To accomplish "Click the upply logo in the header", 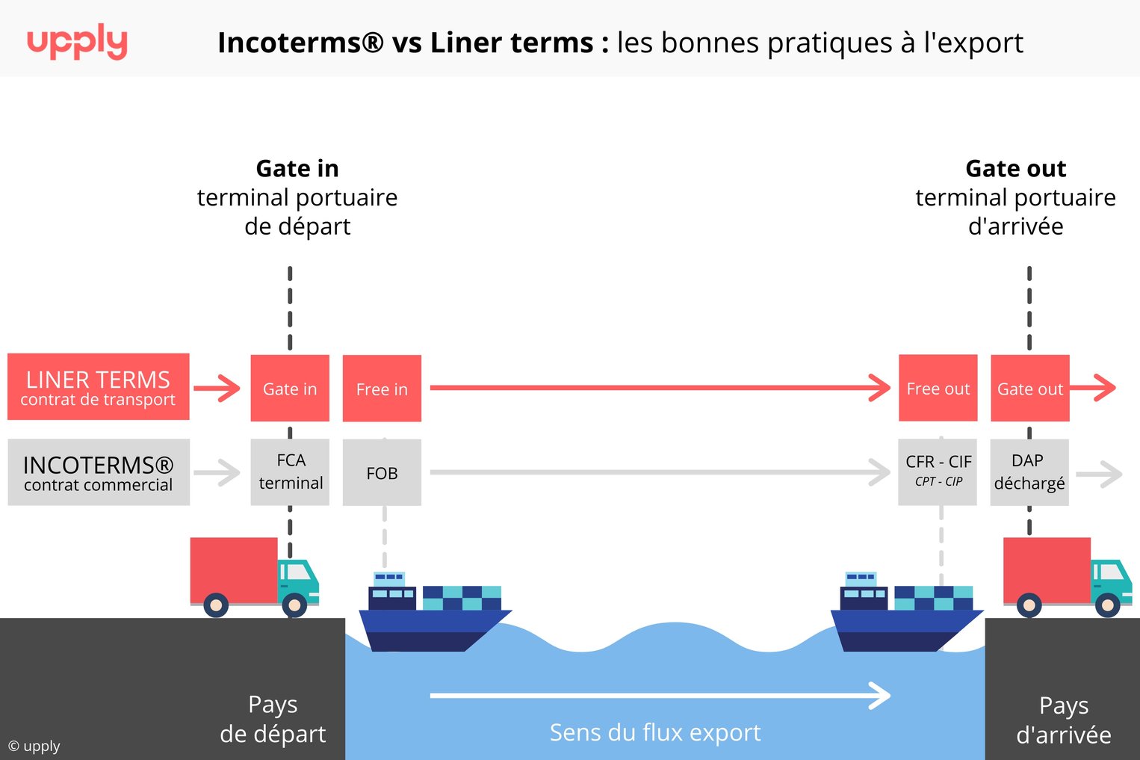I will coord(77,42).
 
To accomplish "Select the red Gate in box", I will coord(290,389).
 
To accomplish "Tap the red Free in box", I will coord(382,389).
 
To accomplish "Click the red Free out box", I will coord(938,389).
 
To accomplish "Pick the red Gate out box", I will coord(1029,389).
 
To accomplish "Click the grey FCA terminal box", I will coord(290,472).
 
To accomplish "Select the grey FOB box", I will coord(382,472).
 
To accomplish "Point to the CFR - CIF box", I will coord(938,472).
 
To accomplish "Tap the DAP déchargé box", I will coord(1029,472).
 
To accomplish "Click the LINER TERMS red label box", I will coord(98,387).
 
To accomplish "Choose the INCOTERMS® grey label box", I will coord(98,472).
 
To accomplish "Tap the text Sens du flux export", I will coord(654,732).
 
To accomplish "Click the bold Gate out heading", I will coord(1015,169).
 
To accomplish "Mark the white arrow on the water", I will coord(659,696).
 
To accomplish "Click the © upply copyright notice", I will coord(34,746).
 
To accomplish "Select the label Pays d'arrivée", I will coord(1063,720).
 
